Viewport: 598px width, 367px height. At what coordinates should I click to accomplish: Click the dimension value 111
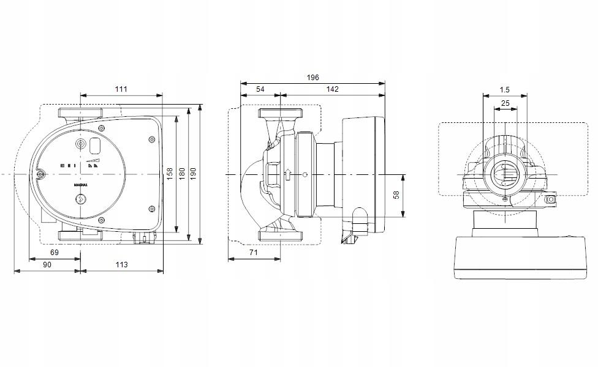(121, 89)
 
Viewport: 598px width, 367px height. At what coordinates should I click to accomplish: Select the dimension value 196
(313, 78)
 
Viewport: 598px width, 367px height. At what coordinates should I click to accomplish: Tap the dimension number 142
(332, 89)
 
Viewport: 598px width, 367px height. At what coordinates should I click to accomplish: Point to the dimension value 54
(260, 89)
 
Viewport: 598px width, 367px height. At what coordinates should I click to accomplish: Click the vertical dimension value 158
(170, 173)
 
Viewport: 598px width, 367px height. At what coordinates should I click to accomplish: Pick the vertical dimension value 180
(182, 173)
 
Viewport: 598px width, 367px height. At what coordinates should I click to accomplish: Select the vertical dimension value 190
(194, 173)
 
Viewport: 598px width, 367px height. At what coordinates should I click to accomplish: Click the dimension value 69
(54, 253)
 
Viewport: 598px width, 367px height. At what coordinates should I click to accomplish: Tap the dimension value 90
(47, 264)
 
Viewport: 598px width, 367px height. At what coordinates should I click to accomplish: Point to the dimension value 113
(121, 264)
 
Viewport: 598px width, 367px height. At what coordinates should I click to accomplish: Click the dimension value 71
(254, 253)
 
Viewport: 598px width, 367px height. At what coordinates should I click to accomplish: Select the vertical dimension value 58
(396, 195)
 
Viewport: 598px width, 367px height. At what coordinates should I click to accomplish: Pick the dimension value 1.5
(505, 89)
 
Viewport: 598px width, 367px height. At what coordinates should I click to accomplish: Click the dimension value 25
(505, 103)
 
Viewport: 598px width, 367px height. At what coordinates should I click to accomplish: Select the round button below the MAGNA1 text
(80, 199)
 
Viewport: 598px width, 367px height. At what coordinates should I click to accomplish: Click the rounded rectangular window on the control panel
(96, 146)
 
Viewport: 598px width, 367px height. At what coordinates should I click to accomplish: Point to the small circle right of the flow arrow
(305, 176)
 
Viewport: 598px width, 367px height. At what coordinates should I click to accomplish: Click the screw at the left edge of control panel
(40, 176)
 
